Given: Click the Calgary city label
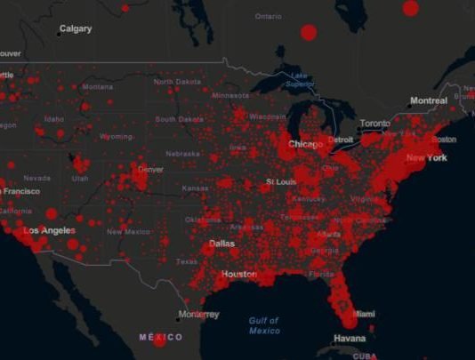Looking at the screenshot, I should click(x=75, y=29).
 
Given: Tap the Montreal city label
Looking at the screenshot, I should click(x=428, y=101).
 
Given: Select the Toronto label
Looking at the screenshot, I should click(x=374, y=123).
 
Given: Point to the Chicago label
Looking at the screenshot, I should click(x=305, y=144).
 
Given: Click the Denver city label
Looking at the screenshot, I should click(x=150, y=169).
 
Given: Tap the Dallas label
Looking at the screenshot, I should click(x=221, y=244).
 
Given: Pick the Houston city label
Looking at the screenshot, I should click(x=239, y=274).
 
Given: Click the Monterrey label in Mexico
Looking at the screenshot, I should click(x=198, y=314).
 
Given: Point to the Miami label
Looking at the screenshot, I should click(x=365, y=314).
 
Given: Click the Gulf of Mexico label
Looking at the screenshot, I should click(x=264, y=325).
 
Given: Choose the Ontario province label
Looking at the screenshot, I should click(x=268, y=16).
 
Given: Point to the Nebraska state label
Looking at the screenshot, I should click(x=181, y=153).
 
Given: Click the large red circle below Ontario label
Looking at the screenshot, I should click(x=309, y=32).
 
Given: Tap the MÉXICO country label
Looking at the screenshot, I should click(x=161, y=337).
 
